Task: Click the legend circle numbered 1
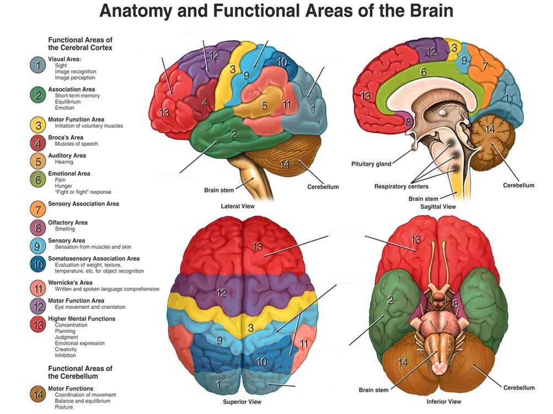[37, 65]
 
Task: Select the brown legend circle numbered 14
[37, 395]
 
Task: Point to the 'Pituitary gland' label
[371, 164]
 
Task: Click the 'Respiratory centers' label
[402, 187]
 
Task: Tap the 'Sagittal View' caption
[438, 206]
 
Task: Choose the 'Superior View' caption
[241, 402]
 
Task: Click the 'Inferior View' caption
[444, 401]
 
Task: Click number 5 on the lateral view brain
[264, 105]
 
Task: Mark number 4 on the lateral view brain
[205, 103]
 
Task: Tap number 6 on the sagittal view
[423, 72]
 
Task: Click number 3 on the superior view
[251, 328]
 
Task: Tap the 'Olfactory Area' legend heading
[68, 222]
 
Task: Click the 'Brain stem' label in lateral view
[219, 189]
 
